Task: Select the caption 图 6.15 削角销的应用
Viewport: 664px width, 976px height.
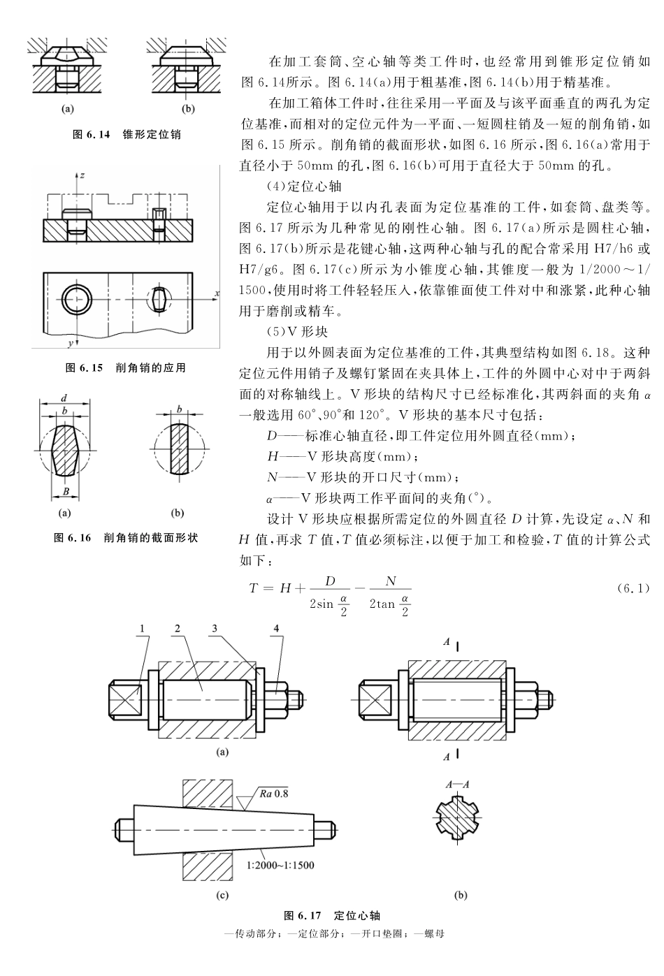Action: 125,367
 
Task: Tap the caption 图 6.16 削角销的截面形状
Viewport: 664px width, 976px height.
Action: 126,538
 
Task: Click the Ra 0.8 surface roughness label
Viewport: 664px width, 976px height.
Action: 273,793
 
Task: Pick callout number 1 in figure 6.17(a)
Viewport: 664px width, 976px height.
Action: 143,628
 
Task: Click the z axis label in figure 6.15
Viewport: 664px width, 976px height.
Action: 82,175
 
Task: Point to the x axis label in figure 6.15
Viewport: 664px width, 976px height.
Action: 217,293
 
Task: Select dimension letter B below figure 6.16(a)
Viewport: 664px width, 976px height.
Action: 65,491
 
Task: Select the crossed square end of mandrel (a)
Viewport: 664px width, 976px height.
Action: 127,699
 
